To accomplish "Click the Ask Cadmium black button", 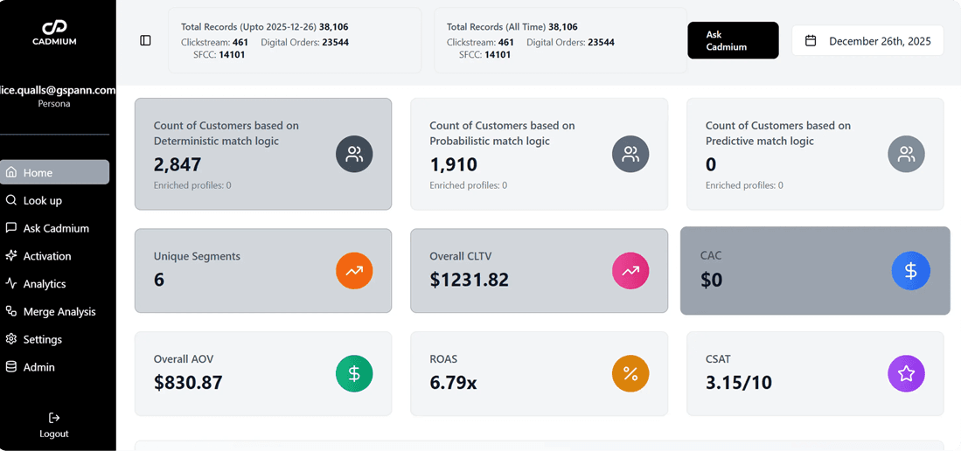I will pos(732,41).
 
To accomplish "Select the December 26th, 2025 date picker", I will pos(867,41).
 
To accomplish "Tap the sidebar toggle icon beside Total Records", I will pos(146,41).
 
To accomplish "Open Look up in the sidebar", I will pos(42,200).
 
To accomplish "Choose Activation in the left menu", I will pos(46,256).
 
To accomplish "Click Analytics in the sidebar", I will pos(44,284).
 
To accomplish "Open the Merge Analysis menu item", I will pos(59,312).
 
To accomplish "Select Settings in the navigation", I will pos(42,339).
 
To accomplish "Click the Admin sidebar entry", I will pos(38,367).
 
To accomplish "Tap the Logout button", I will pos(54,425).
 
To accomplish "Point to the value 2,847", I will pos(178,164).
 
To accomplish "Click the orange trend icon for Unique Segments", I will pos(354,272).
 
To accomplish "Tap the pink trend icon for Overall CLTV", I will pos(630,272).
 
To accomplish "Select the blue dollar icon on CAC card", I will pos(910,272).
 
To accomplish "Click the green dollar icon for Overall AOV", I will pos(354,374).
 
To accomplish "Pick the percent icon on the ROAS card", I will pos(630,374).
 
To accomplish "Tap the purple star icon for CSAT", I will pos(906,374).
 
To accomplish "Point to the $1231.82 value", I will pos(469,280).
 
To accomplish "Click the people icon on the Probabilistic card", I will pos(630,155).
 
